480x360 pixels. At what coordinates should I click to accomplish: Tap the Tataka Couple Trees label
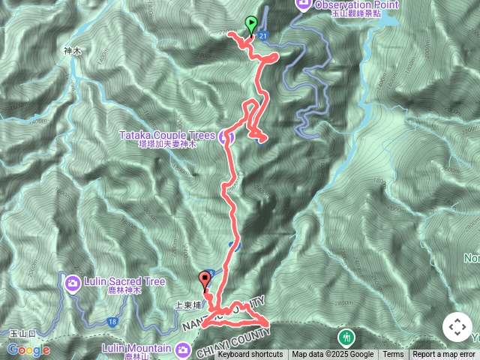tap(166, 135)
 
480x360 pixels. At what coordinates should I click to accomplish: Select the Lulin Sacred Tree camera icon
tap(72, 282)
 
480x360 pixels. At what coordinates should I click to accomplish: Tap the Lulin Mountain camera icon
tap(183, 349)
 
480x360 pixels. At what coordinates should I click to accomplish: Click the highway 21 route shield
tap(262, 35)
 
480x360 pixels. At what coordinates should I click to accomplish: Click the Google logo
tap(28, 349)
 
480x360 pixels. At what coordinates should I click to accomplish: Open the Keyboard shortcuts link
tap(250, 355)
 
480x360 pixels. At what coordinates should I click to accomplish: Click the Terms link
tap(393, 355)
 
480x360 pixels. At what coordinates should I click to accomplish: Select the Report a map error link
tap(444, 355)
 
